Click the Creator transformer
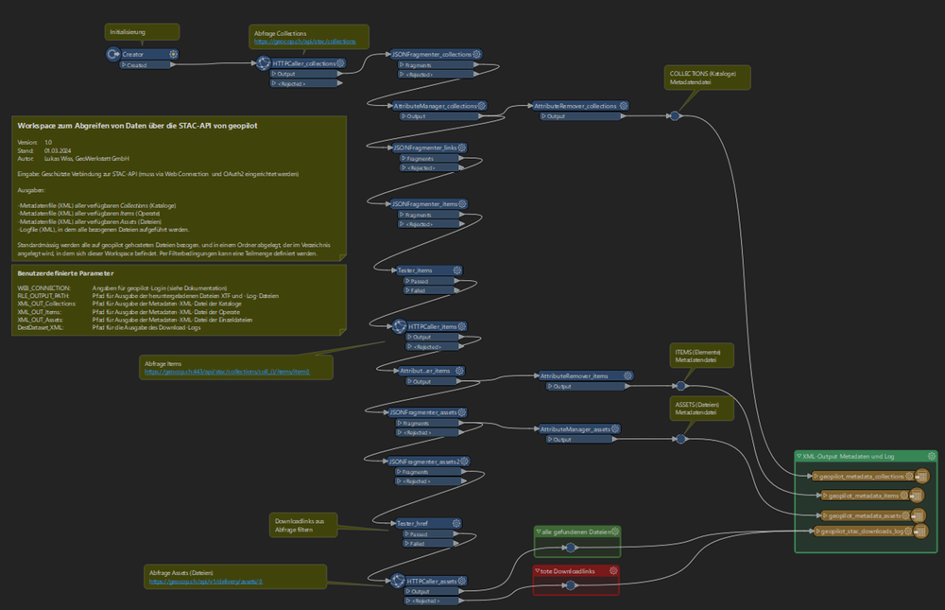click(140, 55)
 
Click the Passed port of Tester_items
click(420, 281)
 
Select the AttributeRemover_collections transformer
click(576, 106)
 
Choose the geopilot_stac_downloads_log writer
click(859, 532)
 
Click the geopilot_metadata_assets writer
click(855, 515)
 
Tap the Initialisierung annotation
click(129, 32)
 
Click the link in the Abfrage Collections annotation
click(303, 43)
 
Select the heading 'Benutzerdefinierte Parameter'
click(58, 273)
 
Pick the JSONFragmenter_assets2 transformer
click(428, 461)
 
